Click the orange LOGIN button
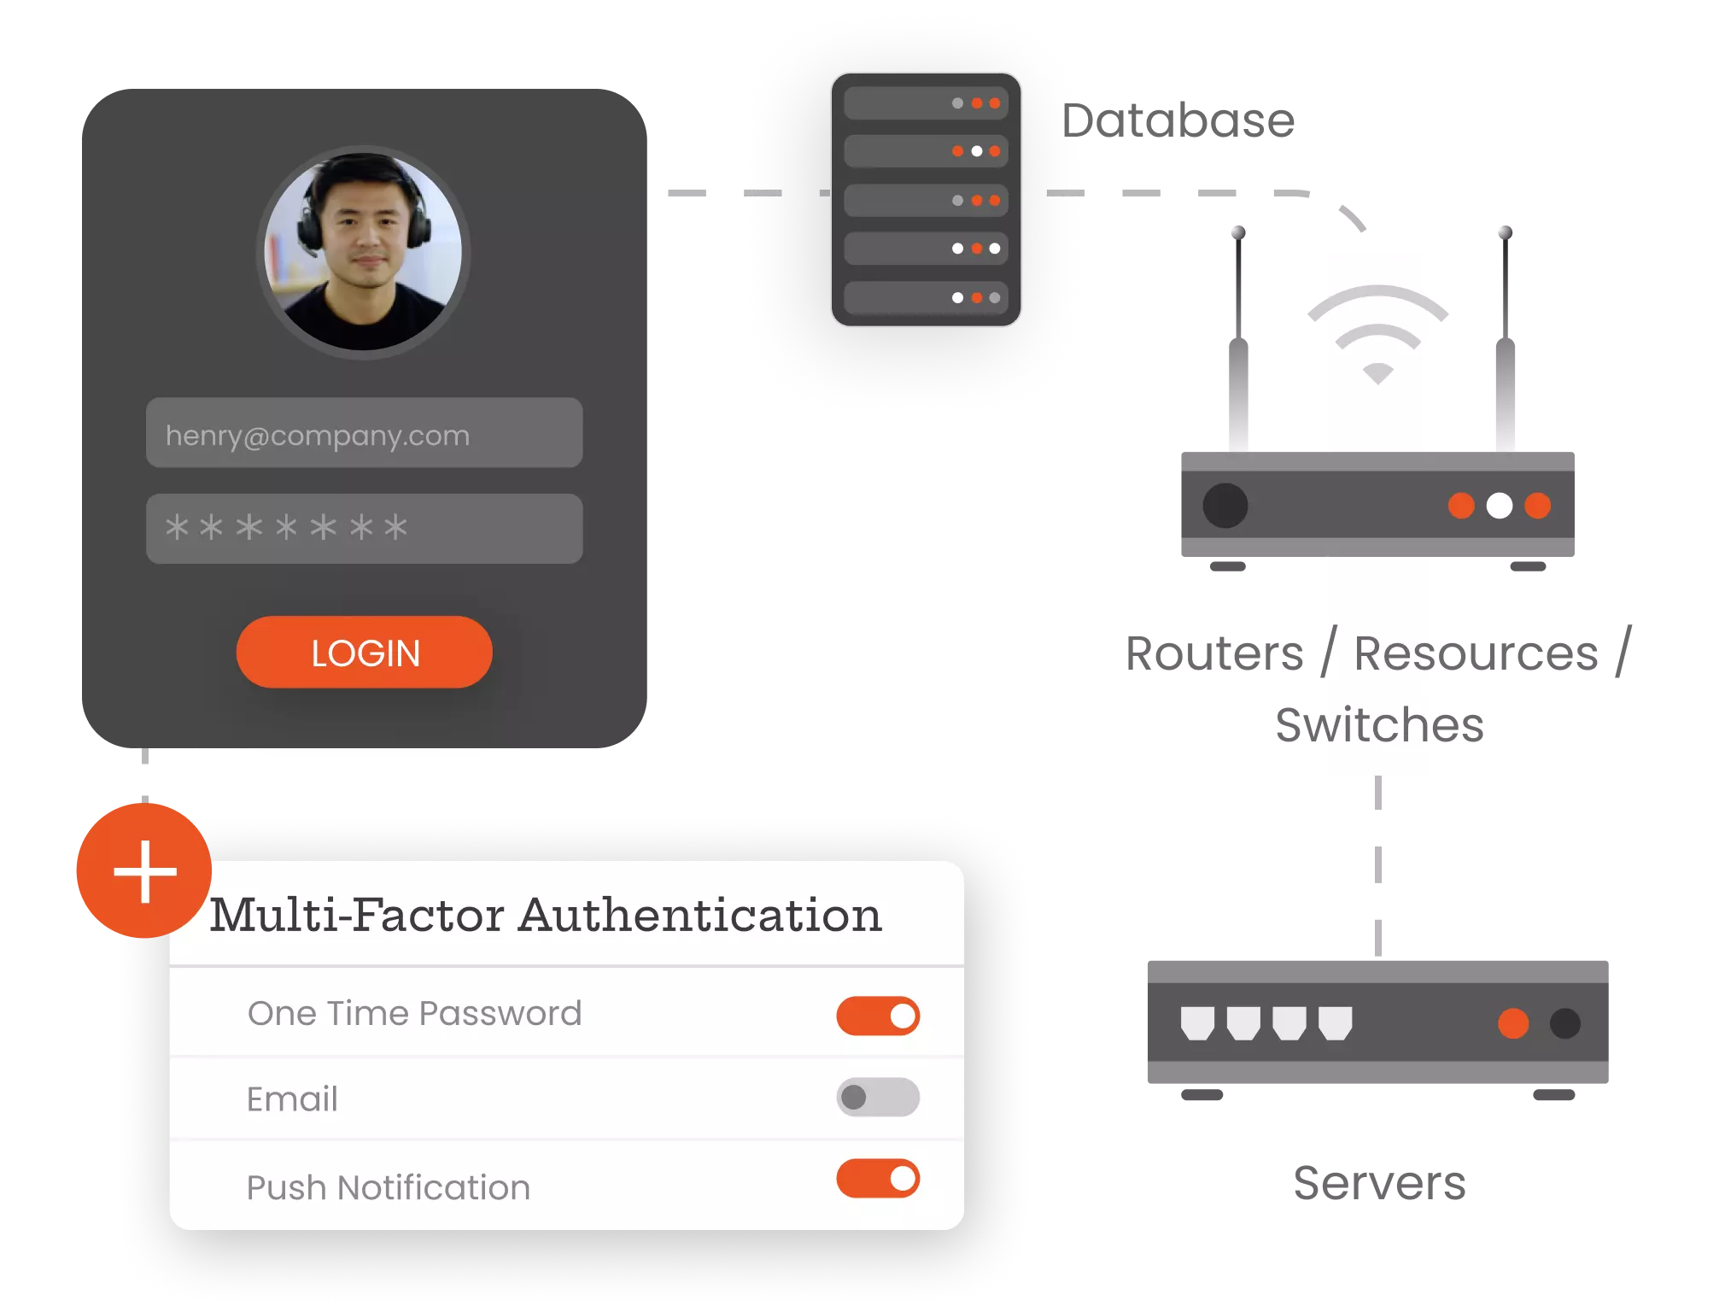[364, 653]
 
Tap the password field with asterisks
[364, 529]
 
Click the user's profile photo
[364, 251]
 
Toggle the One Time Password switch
[877, 1016]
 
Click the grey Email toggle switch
[877, 1098]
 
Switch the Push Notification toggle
[877, 1179]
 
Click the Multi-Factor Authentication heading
[546, 915]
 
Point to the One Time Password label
[414, 1014]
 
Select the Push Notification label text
[388, 1187]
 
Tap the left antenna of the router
[1237, 342]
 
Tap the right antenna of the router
[1504, 342]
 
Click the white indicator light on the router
[1499, 506]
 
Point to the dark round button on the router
[1225, 506]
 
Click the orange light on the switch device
[1512, 1023]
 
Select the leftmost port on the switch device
[1197, 1022]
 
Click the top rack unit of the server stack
[926, 103]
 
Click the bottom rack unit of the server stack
[926, 298]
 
